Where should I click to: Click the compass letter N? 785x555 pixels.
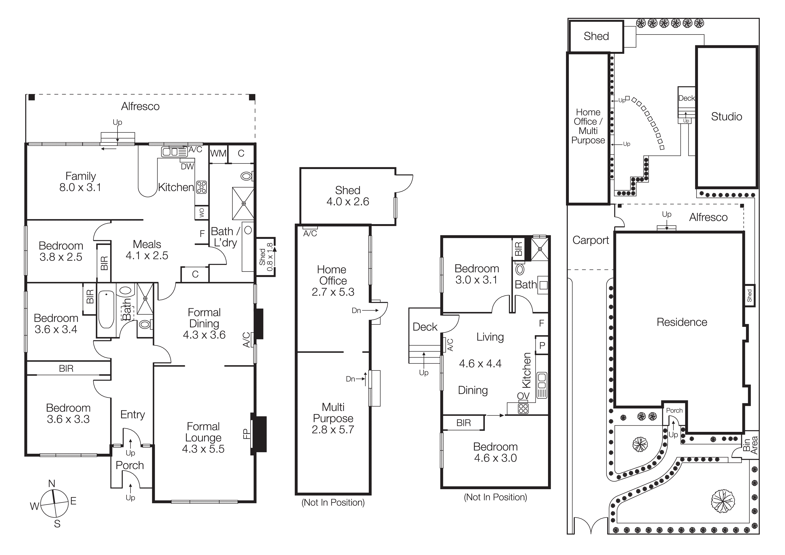(52, 484)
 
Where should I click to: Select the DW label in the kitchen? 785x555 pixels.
(187, 167)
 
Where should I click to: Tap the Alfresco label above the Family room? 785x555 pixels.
(140, 106)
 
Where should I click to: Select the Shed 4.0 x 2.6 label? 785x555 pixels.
(348, 196)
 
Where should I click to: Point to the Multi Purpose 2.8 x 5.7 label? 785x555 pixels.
(333, 418)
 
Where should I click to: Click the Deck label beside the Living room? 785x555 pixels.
(425, 327)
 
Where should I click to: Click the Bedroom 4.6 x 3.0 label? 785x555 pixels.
(495, 452)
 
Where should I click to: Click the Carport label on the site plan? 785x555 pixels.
(591, 240)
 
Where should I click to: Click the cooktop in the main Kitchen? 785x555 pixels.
(201, 187)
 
